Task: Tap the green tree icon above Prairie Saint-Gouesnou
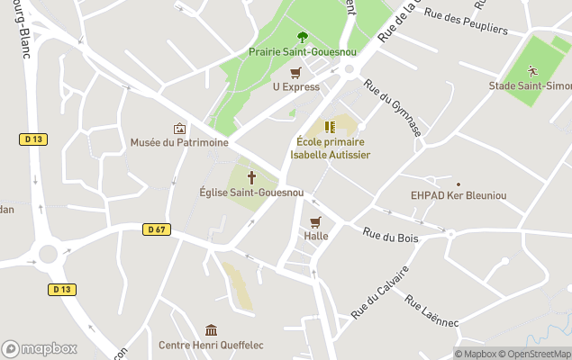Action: pos(302,37)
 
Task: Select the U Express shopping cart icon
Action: pos(295,74)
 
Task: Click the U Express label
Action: pos(295,86)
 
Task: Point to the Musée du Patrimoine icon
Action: pos(179,129)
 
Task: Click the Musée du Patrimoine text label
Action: pos(179,142)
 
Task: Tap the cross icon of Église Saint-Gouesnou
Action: pos(251,178)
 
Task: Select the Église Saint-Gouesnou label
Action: pos(251,193)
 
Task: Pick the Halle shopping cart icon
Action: pos(315,222)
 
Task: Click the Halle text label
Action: pos(316,236)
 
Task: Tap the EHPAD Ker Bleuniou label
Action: pos(458,195)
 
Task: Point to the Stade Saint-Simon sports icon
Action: pos(532,71)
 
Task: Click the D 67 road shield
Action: pos(156,229)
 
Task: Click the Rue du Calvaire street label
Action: pos(380,291)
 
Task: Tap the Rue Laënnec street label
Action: pos(431,310)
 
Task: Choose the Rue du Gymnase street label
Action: pos(393,108)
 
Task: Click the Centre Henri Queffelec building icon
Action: pos(211,330)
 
